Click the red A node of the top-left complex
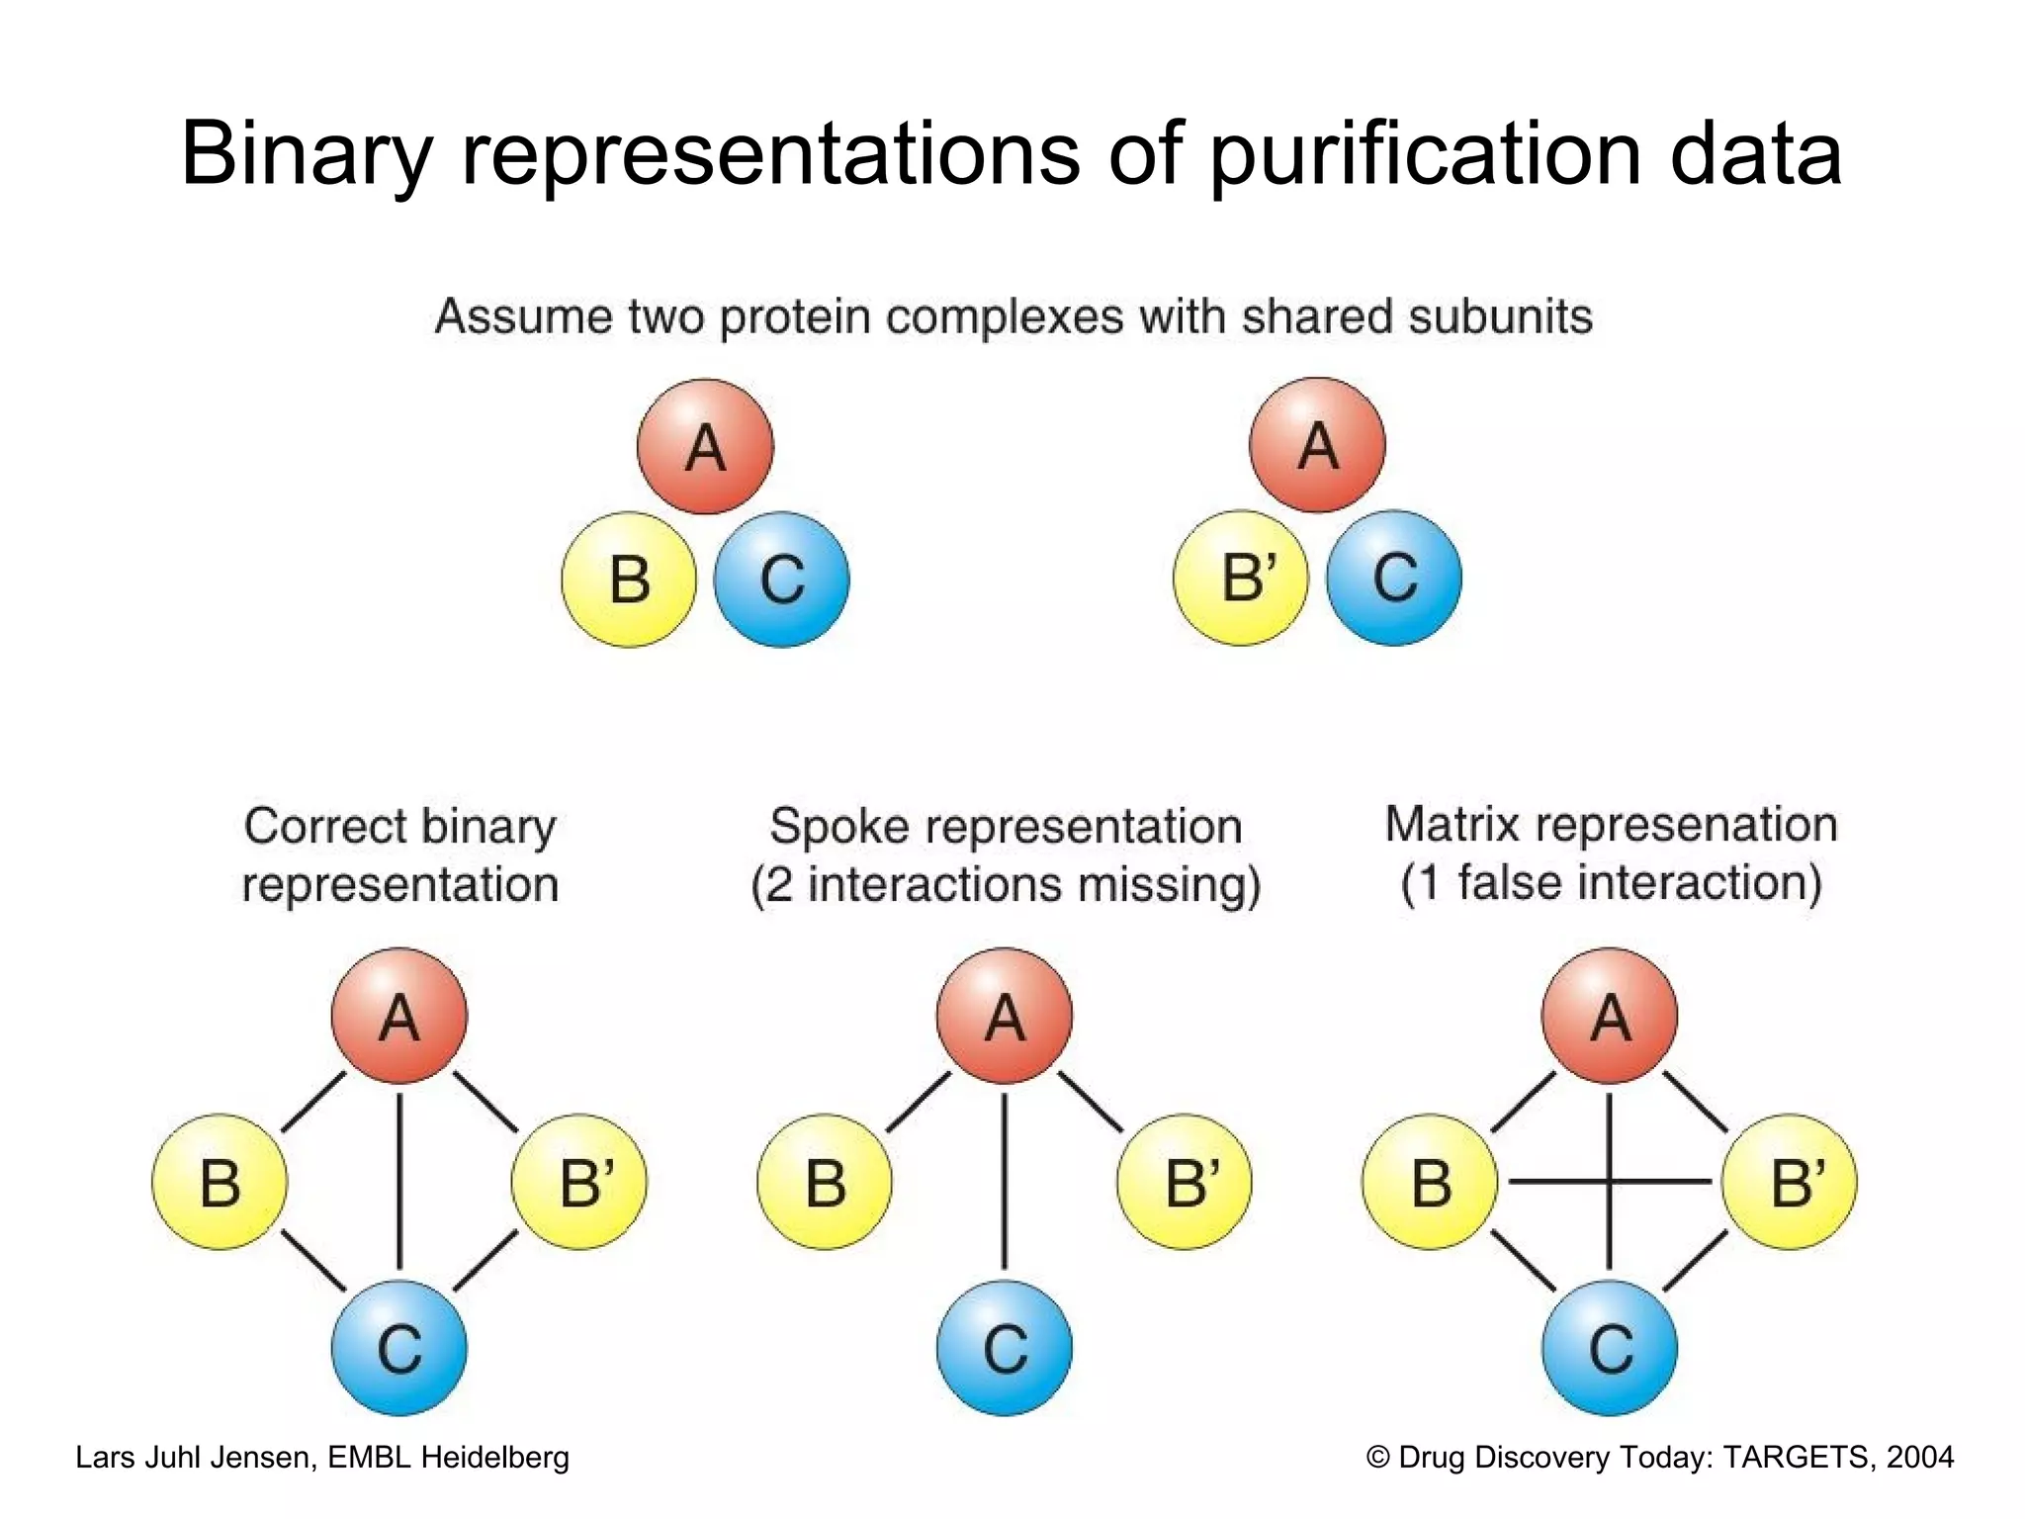tap(705, 446)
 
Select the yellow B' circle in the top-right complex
tap(1241, 579)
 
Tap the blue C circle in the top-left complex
tap(781, 580)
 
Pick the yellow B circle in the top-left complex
tap(629, 580)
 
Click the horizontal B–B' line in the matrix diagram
tap(1552, 1181)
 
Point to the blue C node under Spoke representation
tap(1005, 1348)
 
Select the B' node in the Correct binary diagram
tap(579, 1182)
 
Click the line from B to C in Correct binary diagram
tap(313, 1261)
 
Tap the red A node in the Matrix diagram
tap(1610, 1016)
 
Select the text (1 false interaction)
tap(1611, 883)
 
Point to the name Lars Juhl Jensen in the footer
tap(193, 1457)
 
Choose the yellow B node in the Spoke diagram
tap(825, 1182)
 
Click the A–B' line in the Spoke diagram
tap(1091, 1102)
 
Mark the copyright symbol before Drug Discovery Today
tap(1377, 1458)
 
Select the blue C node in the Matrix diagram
tap(1610, 1348)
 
